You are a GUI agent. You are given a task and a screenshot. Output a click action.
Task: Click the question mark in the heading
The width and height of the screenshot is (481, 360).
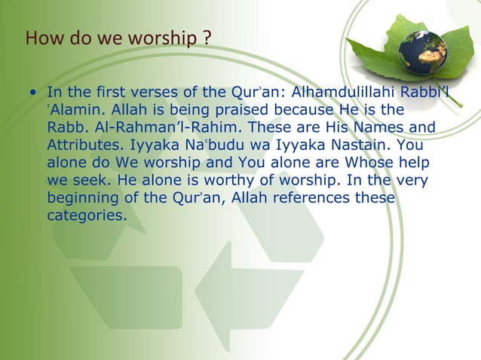coord(207,37)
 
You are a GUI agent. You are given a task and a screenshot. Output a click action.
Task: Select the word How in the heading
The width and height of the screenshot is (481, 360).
coord(40,37)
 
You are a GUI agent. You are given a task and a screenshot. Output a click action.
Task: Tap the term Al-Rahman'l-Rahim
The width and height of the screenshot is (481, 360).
coord(171,127)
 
